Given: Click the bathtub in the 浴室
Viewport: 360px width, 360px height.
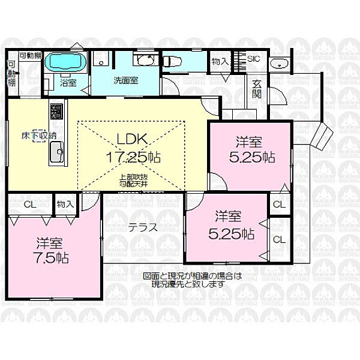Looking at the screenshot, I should (67, 62).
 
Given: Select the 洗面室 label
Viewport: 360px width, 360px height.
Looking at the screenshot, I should (127, 81).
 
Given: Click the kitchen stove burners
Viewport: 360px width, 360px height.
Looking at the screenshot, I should (57, 112).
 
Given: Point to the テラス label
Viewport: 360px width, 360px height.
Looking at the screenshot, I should (143, 227).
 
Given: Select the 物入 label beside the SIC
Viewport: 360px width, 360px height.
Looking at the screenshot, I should (220, 60).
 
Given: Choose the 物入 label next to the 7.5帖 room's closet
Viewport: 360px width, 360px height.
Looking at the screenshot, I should (65, 204).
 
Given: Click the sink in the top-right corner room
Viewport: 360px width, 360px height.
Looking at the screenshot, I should (278, 63).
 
